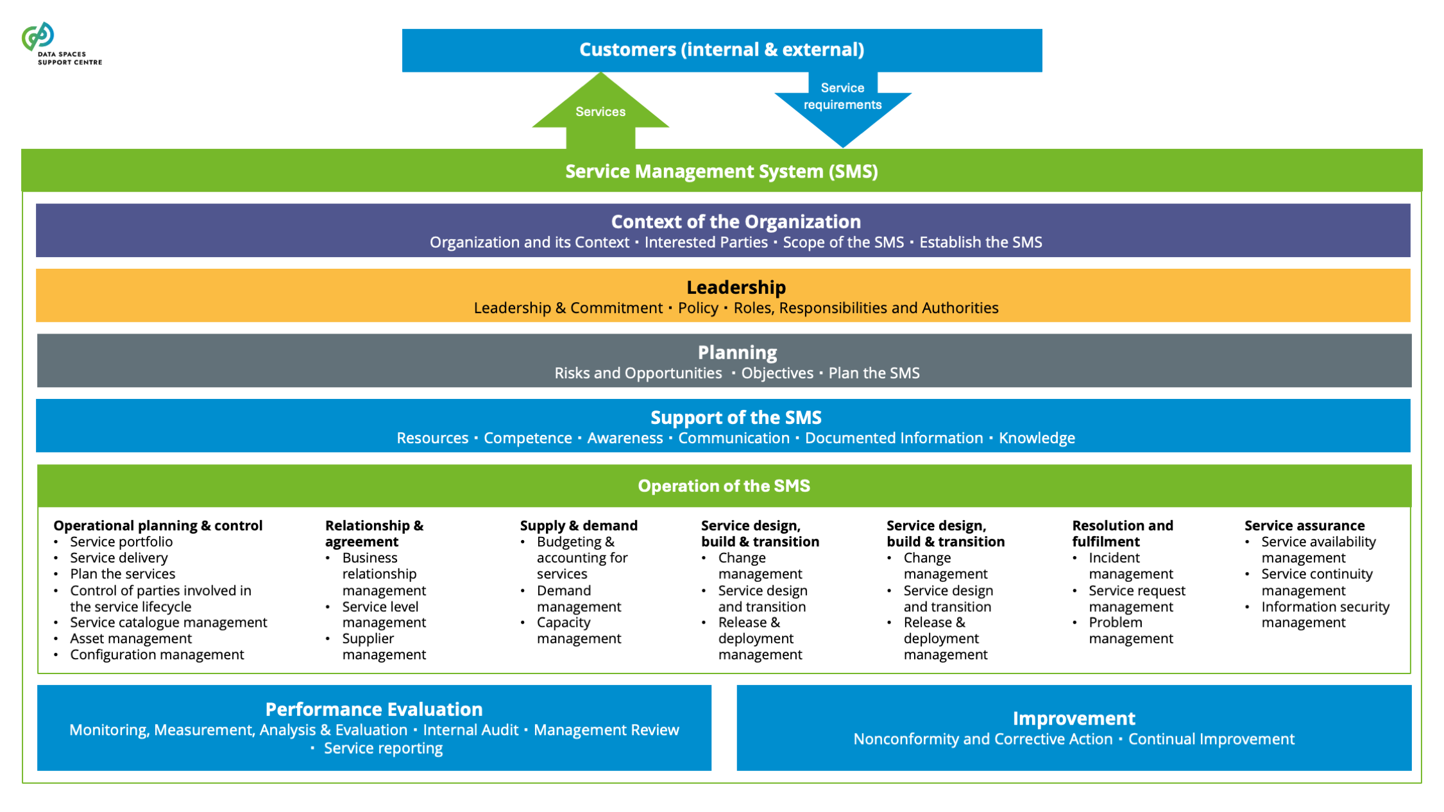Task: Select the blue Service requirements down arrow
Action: point(842,103)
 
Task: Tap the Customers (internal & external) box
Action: point(722,49)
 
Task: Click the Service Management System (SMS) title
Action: point(722,171)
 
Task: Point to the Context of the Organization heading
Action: point(736,222)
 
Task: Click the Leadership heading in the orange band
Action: point(736,287)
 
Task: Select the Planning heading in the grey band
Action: point(737,352)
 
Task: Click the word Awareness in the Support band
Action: point(625,438)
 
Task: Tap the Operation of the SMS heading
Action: point(724,486)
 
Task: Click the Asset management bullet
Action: point(131,638)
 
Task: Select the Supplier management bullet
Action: point(384,647)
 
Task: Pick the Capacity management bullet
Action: point(579,630)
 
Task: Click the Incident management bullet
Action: point(1130,566)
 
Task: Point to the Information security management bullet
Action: point(1325,614)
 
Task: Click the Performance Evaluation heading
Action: point(374,709)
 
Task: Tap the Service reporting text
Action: point(383,749)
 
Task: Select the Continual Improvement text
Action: point(1211,739)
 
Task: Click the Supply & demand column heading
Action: point(579,525)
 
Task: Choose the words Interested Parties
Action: point(706,242)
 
